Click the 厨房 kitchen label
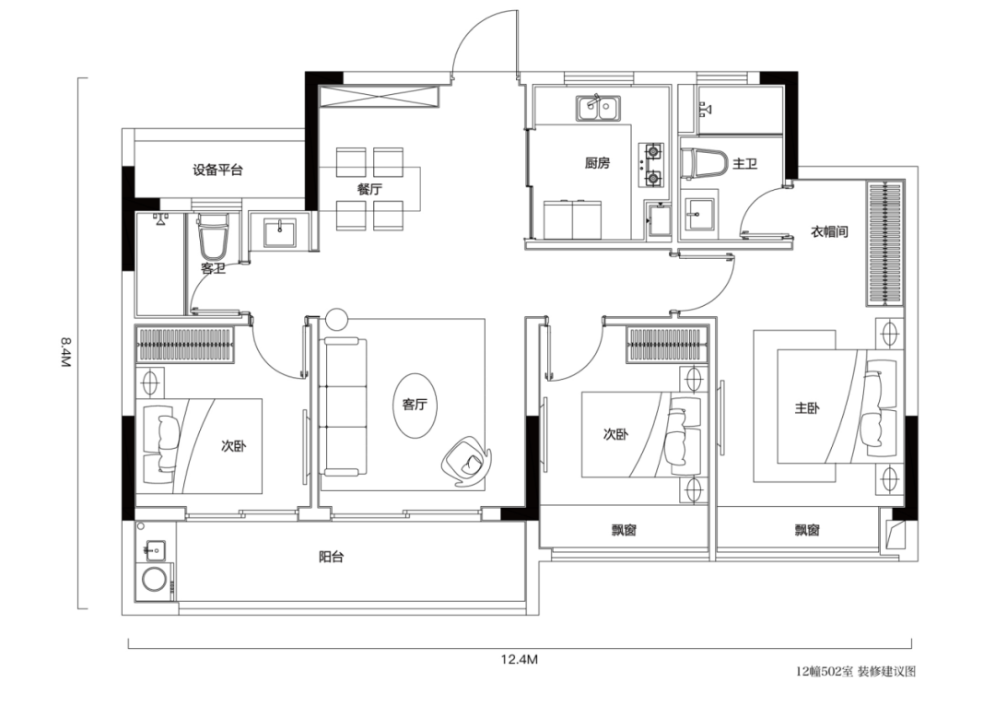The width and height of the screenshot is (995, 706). [597, 164]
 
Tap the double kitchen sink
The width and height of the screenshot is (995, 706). [599, 108]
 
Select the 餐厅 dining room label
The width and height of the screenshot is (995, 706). [369, 189]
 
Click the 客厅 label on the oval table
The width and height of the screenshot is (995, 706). [415, 405]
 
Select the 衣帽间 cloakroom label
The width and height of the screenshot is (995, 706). [829, 231]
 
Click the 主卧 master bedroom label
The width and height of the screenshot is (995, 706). [807, 407]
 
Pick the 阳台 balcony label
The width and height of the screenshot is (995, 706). [332, 558]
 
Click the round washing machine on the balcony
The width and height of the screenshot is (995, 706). [154, 580]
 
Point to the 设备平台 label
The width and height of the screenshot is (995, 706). [217, 171]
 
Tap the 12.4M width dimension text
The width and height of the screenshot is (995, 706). [519, 659]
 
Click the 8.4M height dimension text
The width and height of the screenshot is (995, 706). [65, 352]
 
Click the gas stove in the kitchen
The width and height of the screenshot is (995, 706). [652, 165]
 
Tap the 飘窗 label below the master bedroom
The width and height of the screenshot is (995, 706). [807, 529]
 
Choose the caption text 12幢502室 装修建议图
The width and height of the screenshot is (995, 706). [856, 671]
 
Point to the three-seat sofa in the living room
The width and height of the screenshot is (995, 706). [345, 406]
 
